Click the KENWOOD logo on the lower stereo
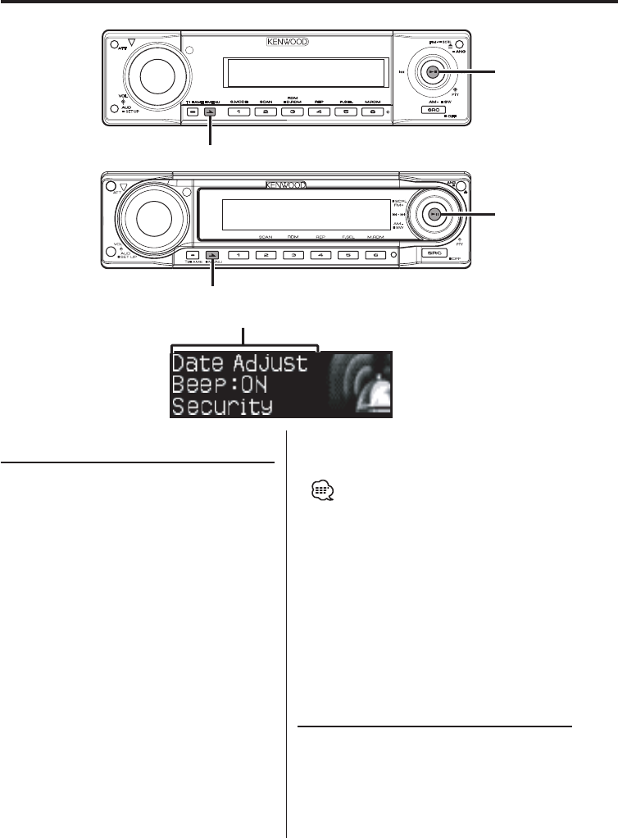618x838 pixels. (x=285, y=185)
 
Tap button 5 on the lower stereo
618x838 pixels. (x=348, y=255)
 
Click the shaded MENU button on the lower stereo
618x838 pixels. (x=211, y=255)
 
